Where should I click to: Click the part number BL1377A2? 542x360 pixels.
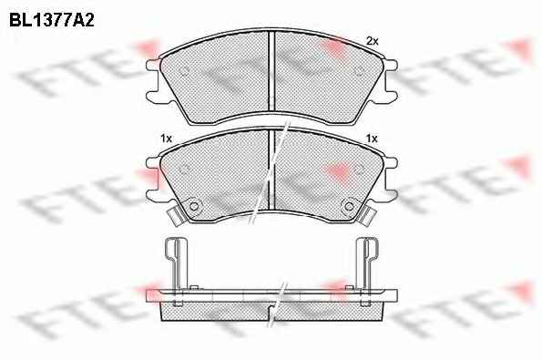(x=52, y=20)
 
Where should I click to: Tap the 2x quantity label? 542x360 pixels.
(x=373, y=42)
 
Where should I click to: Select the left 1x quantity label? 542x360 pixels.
(x=166, y=139)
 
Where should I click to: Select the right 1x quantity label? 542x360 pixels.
(x=372, y=139)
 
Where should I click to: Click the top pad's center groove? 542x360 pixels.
(x=271, y=71)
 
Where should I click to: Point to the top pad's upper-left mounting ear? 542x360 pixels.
(x=153, y=66)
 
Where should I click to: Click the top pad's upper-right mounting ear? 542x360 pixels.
(x=391, y=66)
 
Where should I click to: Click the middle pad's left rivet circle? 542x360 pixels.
(x=194, y=206)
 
